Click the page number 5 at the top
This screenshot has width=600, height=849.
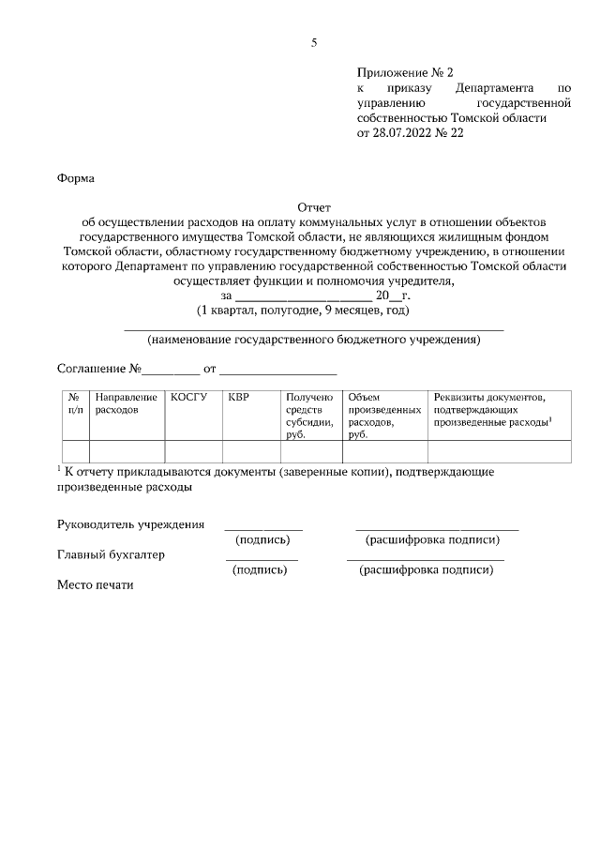point(314,42)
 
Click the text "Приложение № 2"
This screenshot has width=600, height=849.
point(404,72)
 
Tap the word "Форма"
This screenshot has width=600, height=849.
point(76,177)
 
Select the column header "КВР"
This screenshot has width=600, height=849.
point(238,398)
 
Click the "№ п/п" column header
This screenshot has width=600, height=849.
point(76,404)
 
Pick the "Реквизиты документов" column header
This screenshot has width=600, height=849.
point(489,410)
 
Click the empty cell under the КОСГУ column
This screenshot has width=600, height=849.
point(193,451)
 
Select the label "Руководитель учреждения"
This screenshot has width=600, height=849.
point(131,524)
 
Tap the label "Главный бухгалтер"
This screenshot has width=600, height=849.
point(112,554)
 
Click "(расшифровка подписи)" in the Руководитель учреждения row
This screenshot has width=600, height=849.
point(432,539)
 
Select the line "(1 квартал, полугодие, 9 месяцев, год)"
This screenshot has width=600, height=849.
point(302,310)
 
